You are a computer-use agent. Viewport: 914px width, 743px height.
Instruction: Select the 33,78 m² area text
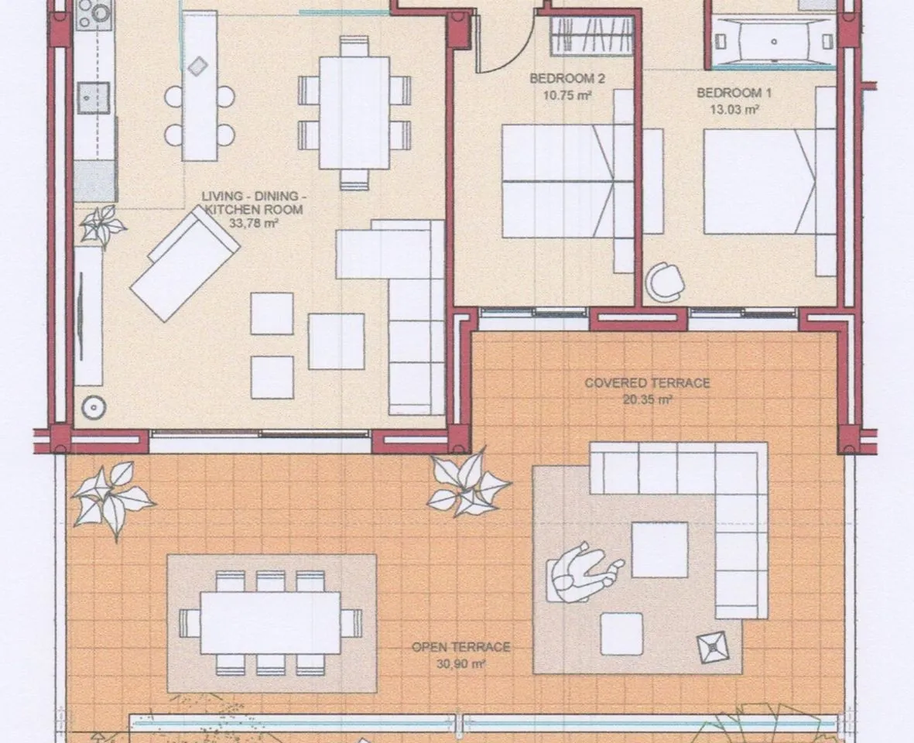pyautogui.click(x=254, y=222)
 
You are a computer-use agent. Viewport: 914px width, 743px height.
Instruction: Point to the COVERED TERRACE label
pyautogui.click(x=647, y=383)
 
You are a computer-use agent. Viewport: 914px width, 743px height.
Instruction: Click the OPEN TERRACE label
pyautogui.click(x=461, y=647)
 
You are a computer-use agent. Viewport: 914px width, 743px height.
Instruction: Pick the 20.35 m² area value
pyautogui.click(x=648, y=399)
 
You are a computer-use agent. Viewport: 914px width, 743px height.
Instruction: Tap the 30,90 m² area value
pyautogui.click(x=461, y=663)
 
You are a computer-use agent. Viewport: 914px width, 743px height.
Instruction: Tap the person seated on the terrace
pyautogui.click(x=584, y=572)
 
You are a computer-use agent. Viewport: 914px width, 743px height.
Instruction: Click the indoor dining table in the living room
pyautogui.click(x=354, y=112)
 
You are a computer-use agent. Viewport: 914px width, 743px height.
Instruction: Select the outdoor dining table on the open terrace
pyautogui.click(x=270, y=624)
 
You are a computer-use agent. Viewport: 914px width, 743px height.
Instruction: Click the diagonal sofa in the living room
pyautogui.click(x=185, y=265)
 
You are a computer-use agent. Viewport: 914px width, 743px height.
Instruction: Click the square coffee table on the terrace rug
pyautogui.click(x=660, y=550)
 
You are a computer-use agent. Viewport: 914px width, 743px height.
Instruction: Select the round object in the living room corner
pyautogui.click(x=94, y=407)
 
